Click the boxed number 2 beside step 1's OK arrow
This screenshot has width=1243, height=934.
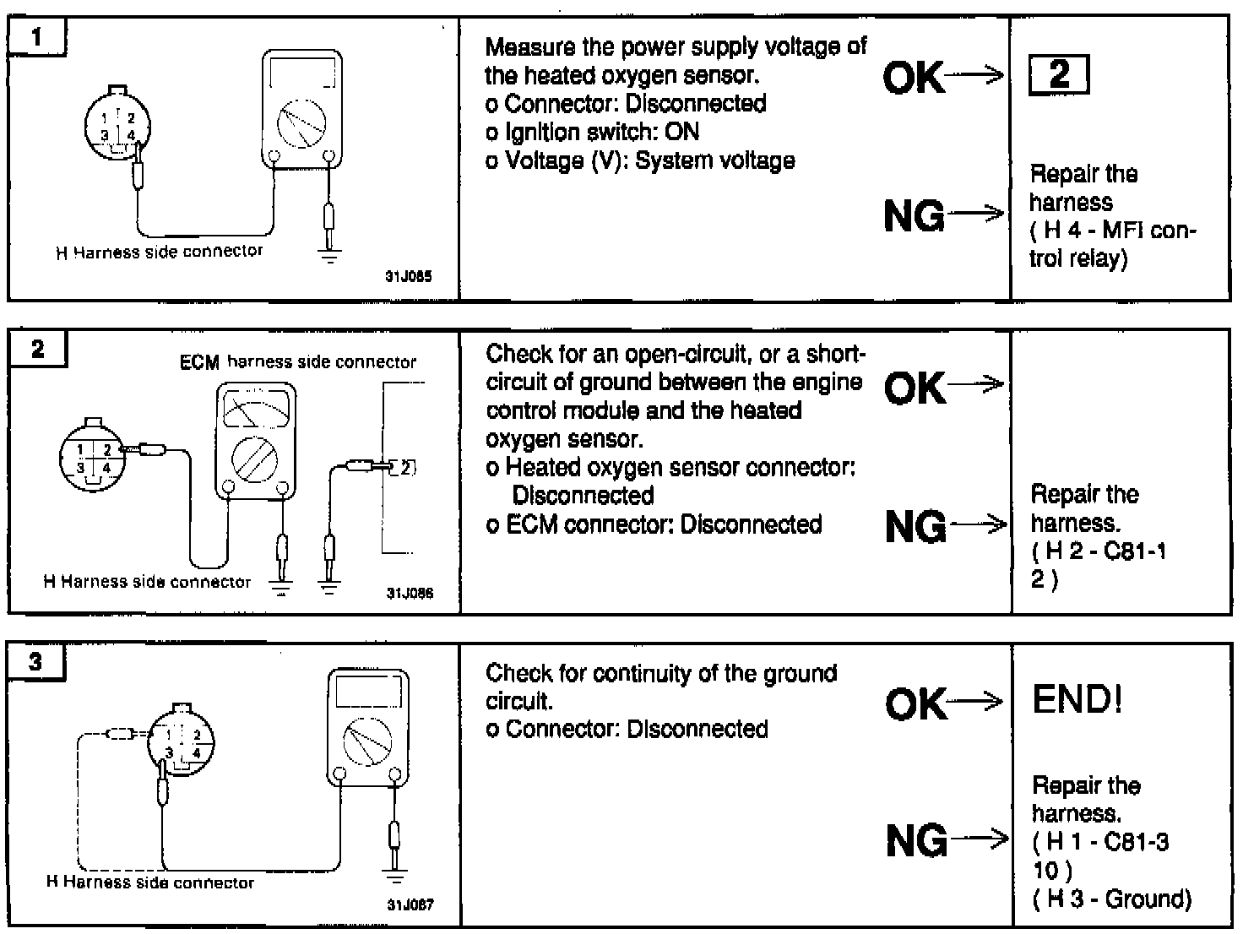pyautogui.click(x=1059, y=74)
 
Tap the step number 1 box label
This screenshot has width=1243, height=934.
pyautogui.click(x=36, y=38)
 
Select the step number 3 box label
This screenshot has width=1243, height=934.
pyautogui.click(x=35, y=661)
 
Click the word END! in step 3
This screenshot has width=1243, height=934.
pyautogui.click(x=1077, y=700)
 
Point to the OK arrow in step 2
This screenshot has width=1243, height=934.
pyautogui.click(x=975, y=386)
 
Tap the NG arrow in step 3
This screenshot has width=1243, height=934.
pyautogui.click(x=980, y=839)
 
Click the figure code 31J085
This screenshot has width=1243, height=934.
pyautogui.click(x=409, y=276)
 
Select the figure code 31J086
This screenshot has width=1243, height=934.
pyautogui.click(x=410, y=593)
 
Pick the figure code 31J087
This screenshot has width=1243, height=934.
pyautogui.click(x=410, y=904)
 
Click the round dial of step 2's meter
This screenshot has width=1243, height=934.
pyautogui.click(x=256, y=460)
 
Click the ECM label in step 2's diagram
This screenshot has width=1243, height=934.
pyautogui.click(x=199, y=362)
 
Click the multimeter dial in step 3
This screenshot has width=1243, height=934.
pyautogui.click(x=368, y=741)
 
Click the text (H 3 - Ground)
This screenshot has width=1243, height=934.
pyautogui.click(x=1111, y=899)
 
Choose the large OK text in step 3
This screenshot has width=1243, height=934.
pyautogui.click(x=915, y=703)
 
